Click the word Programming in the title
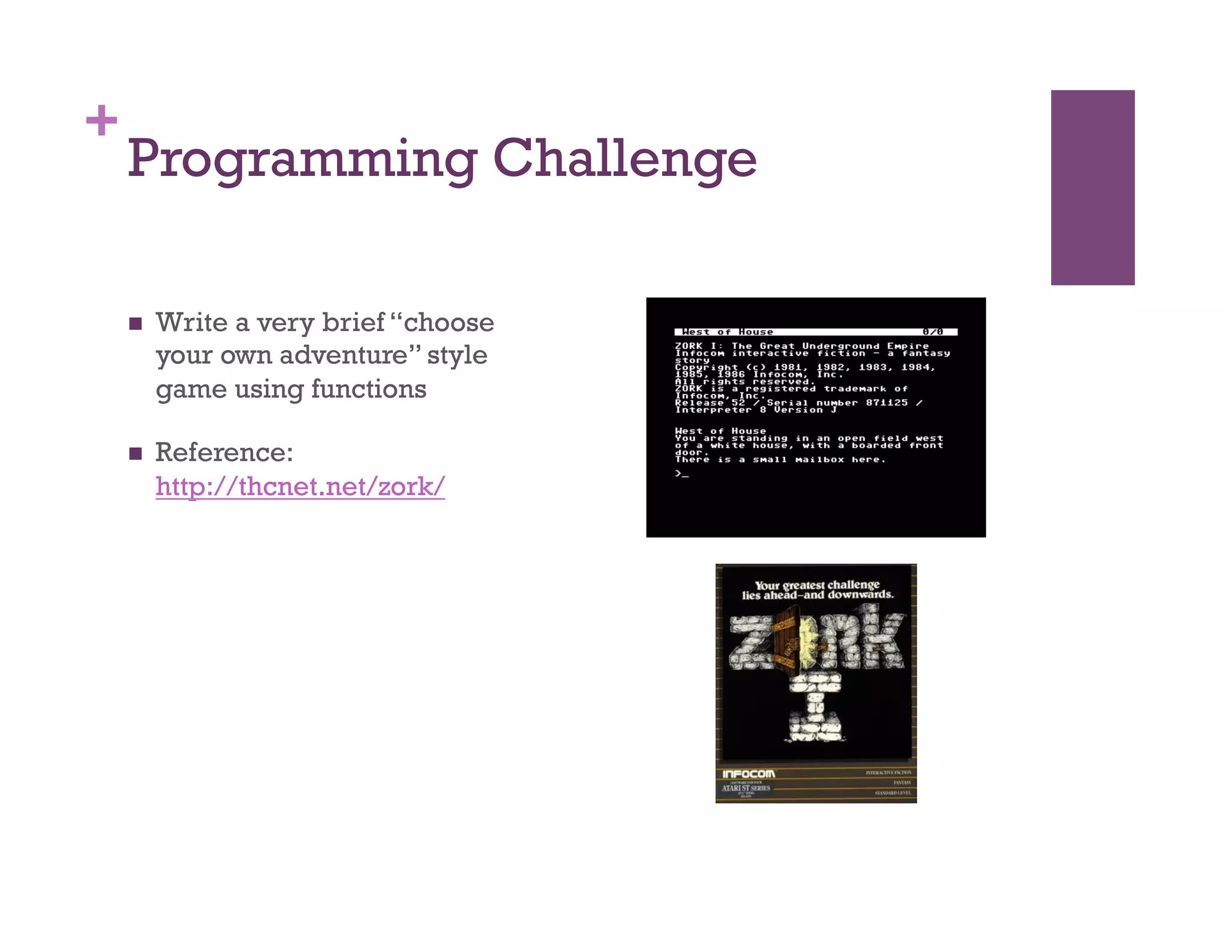(302, 159)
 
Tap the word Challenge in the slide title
(624, 159)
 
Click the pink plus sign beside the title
(101, 120)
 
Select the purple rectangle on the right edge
(1093, 187)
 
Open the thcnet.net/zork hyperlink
(300, 486)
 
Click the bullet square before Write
(136, 324)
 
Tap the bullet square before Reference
(136, 453)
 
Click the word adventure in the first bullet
(343, 355)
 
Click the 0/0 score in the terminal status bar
(932, 332)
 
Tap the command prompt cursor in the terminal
(682, 473)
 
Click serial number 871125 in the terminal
(887, 403)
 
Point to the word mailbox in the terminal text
(820, 460)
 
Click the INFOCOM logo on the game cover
(748, 774)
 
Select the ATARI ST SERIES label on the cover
(746, 788)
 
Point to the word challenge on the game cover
(854, 584)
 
